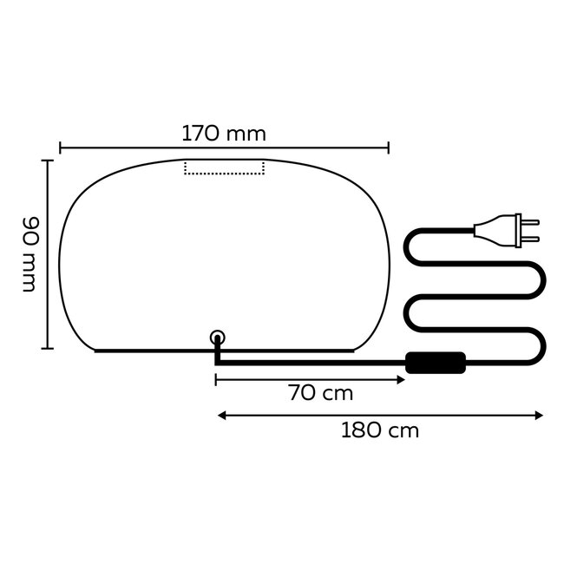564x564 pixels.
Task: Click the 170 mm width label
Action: tap(224, 134)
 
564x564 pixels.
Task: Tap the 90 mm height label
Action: tap(30, 254)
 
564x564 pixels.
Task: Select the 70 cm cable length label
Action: tap(321, 393)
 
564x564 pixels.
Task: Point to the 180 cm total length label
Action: tap(380, 430)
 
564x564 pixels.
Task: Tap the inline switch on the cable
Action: tap(436, 362)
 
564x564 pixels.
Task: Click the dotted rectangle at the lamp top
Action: tap(225, 167)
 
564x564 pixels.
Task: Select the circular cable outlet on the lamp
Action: tap(218, 338)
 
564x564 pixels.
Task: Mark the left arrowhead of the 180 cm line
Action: tap(220, 416)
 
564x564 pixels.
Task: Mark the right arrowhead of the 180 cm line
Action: tap(539, 416)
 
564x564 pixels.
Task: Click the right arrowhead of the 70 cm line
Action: tap(402, 379)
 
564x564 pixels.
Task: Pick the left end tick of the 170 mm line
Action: tap(60, 148)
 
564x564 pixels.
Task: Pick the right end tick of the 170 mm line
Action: tap(389, 148)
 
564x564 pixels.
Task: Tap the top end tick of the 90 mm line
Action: tap(49, 161)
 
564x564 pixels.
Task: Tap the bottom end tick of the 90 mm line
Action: tap(49, 348)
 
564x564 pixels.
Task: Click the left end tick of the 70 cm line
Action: tap(215, 379)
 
